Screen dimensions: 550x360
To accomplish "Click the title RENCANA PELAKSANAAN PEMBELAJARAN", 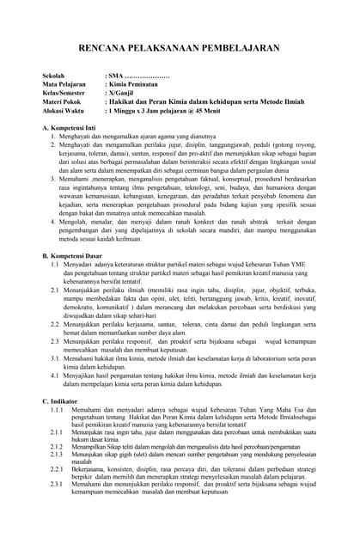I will pos(180,51).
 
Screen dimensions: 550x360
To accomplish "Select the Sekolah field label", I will pos(56,77).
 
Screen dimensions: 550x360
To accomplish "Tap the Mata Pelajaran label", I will pos(64,86).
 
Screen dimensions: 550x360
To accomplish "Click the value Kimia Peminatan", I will pos(137,86).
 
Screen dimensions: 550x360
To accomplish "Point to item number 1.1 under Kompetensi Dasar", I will pos(55,265).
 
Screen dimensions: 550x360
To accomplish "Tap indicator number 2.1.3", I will pos(57,454).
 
